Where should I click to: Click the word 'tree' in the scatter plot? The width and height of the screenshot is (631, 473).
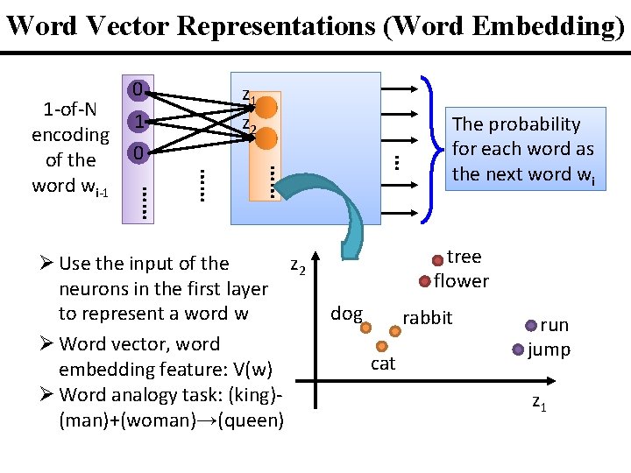click(464, 257)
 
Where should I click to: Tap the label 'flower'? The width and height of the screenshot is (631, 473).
click(461, 281)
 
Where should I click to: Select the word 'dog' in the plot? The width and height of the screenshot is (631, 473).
click(346, 314)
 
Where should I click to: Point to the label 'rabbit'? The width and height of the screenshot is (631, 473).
click(427, 318)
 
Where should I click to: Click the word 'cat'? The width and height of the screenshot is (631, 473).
click(383, 364)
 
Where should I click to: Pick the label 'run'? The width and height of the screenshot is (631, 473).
click(554, 325)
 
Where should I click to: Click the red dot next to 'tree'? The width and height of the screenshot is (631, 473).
click(437, 260)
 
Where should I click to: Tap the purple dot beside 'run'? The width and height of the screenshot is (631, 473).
click(531, 326)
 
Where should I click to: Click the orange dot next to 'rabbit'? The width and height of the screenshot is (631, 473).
click(395, 331)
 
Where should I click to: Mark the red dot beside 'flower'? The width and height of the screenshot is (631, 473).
click(425, 282)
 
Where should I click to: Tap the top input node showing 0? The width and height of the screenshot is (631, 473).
click(136, 89)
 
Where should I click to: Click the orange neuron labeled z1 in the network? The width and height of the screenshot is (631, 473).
click(267, 107)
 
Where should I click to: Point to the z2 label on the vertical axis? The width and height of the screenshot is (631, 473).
click(298, 266)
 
